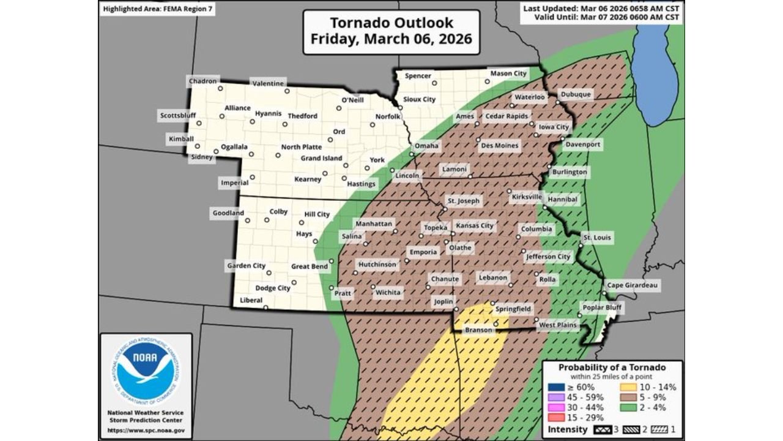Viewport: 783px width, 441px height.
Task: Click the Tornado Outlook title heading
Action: tap(391, 31)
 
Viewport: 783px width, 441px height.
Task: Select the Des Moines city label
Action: tap(499, 146)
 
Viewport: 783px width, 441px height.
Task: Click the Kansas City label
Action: tap(475, 225)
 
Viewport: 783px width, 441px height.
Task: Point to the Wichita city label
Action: tap(388, 293)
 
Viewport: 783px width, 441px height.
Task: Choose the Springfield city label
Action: tap(513, 309)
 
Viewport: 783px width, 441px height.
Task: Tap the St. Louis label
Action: tap(596, 238)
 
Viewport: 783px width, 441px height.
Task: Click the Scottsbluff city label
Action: tap(177, 115)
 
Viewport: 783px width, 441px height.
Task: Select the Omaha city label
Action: tap(426, 146)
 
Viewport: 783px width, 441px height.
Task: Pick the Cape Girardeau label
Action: tap(633, 285)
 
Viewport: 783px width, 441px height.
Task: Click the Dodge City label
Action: tap(272, 288)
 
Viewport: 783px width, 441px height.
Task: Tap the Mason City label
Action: tap(508, 73)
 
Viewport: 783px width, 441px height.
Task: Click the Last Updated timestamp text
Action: tap(601, 8)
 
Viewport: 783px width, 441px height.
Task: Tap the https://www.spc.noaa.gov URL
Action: tap(146, 430)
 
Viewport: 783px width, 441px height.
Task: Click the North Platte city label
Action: tap(301, 147)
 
